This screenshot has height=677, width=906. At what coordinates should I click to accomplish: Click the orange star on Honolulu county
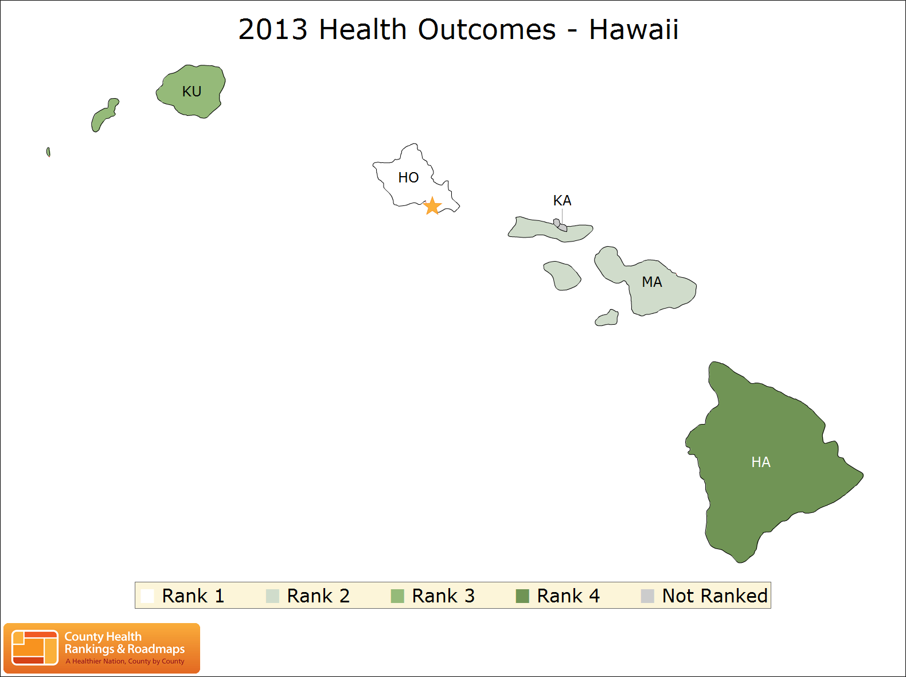pos(432,205)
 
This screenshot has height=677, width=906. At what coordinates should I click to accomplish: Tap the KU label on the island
pos(192,91)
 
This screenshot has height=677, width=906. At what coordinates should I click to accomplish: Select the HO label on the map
pos(408,177)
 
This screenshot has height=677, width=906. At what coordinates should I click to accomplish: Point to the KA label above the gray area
pos(562,200)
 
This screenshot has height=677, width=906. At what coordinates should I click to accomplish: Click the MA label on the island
pos(652,282)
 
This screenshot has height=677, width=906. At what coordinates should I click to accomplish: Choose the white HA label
pos(761,462)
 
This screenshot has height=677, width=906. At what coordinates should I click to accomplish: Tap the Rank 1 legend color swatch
pos(147,596)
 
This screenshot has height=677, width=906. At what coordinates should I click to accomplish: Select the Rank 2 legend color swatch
pos(272,596)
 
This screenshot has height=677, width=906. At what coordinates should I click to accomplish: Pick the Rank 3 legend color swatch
pos(397,596)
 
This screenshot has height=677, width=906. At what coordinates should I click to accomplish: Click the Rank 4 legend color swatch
pos(522,596)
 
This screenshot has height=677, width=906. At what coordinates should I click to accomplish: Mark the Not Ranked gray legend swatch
pos(647,596)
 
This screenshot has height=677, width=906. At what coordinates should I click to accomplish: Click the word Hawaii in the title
pos(634,29)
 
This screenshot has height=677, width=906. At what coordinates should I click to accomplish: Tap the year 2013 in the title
pos(273,29)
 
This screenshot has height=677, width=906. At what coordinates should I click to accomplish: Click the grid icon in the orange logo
pos(34,648)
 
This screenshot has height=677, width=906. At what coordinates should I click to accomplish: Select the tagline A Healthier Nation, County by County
pos(125,661)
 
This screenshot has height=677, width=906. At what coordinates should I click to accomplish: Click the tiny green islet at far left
pos(48,152)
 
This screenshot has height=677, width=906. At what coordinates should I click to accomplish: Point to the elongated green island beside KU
pos(104,115)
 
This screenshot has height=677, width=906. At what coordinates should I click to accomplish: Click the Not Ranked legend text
pos(715,596)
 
